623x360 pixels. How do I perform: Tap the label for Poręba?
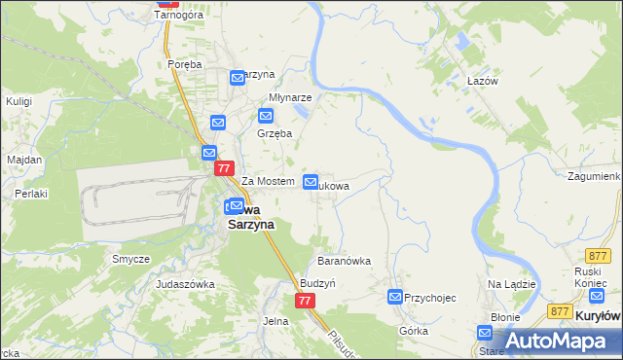184,64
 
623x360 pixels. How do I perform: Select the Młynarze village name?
290,98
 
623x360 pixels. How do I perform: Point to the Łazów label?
482,81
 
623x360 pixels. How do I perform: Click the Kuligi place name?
18,100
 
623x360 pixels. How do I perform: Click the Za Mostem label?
268,182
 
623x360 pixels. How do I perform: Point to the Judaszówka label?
185,284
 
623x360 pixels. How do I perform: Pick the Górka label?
414,331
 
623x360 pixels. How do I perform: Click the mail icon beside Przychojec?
395,297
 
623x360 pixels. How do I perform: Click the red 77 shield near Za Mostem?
225,168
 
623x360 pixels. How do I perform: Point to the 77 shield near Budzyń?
305,302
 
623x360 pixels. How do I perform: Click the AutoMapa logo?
553,340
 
